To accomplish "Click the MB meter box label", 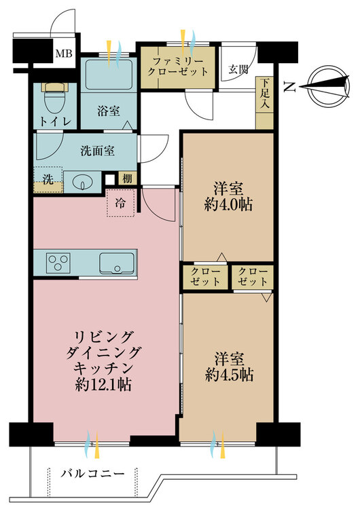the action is [x=64, y=53].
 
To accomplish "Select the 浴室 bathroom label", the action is [x=109, y=111].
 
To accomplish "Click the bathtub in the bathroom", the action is [x=109, y=75].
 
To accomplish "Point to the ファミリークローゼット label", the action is [x=178, y=67].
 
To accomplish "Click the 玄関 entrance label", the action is [x=239, y=69].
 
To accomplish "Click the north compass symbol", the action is [x=328, y=86].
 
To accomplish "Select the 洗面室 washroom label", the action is [x=97, y=151].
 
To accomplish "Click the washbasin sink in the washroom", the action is [x=83, y=183].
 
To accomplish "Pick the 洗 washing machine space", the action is [x=48, y=180].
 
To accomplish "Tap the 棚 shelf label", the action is [x=128, y=178].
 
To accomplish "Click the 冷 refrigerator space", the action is [x=120, y=203].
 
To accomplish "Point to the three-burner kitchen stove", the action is [x=58, y=263].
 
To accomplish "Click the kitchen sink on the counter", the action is [x=117, y=263].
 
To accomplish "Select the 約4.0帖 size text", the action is [x=228, y=205].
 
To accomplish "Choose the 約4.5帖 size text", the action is [x=229, y=375].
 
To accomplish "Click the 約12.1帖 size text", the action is [x=103, y=385].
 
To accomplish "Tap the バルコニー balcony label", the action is [x=93, y=474].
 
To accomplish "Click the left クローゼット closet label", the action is [x=205, y=277].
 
